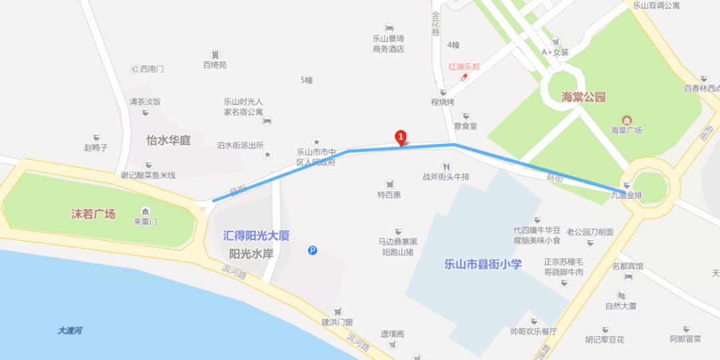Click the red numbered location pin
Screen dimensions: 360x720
point(401,137)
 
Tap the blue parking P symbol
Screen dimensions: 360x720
point(313,251)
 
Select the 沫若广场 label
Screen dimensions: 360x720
point(93,214)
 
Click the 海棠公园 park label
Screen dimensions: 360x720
point(583,97)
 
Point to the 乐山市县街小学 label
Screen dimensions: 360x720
point(483,264)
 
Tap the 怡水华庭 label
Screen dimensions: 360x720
point(169,141)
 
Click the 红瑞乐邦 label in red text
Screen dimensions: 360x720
point(465,67)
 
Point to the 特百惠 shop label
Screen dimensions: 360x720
point(389,195)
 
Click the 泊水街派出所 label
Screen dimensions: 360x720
point(240,145)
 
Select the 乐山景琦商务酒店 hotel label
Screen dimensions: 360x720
point(389,44)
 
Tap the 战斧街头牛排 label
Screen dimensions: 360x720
point(445,177)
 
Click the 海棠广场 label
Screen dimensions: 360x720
point(626,130)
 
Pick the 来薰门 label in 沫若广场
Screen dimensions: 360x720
point(145,221)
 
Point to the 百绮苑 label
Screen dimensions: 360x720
point(215,65)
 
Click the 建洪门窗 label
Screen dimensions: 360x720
point(337,322)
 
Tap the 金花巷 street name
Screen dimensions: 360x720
point(436,23)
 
